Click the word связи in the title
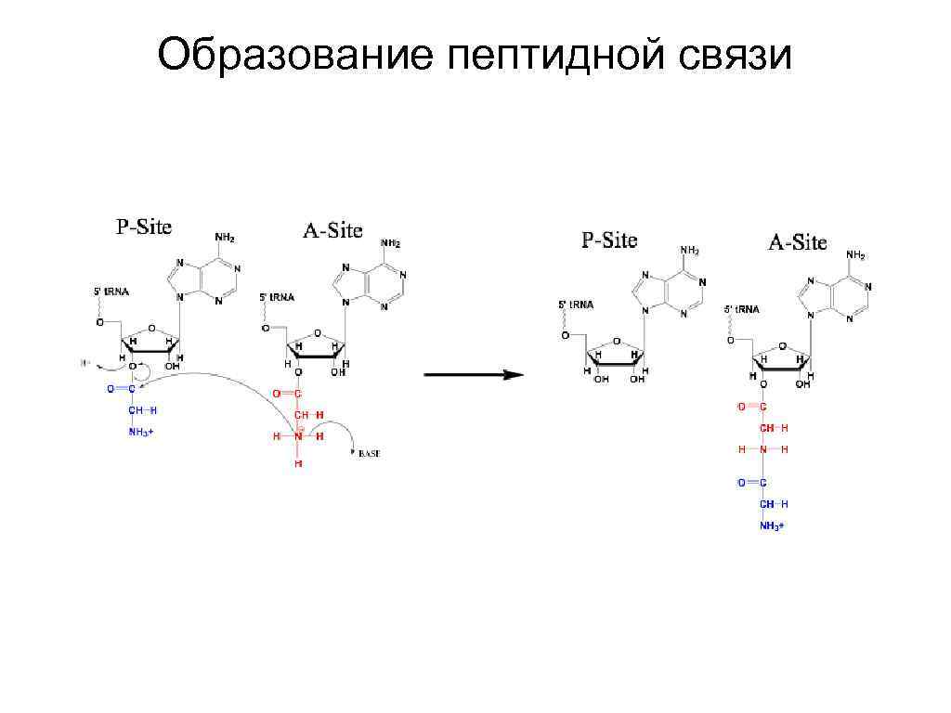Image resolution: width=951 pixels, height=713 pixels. pyautogui.click(x=735, y=56)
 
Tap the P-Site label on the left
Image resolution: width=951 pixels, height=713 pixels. pyautogui.click(x=143, y=227)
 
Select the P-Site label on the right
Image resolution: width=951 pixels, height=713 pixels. pyautogui.click(x=609, y=240)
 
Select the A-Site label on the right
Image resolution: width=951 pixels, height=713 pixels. pyautogui.click(x=797, y=242)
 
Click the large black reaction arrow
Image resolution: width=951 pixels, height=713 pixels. pyautogui.click(x=474, y=375)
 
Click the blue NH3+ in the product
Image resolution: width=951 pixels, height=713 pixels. pyautogui.click(x=772, y=525)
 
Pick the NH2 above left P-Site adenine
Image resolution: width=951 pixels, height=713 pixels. pyautogui.click(x=225, y=238)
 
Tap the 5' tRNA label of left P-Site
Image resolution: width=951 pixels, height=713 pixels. pyautogui.click(x=111, y=292)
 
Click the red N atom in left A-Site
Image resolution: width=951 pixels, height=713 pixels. pyautogui.click(x=298, y=435)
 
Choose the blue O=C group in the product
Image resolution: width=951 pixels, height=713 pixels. pyautogui.click(x=752, y=483)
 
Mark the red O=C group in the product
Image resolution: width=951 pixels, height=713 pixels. pyautogui.click(x=752, y=407)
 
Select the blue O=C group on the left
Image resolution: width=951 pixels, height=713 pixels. pyautogui.click(x=121, y=389)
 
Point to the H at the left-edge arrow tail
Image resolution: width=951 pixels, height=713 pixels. pyautogui.click(x=85, y=363)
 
